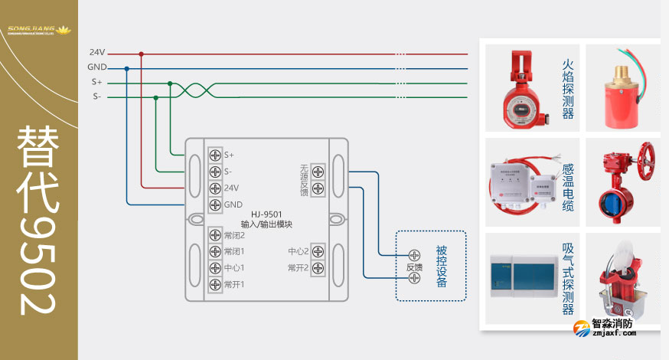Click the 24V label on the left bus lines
(x=96, y=53)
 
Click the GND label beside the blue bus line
(x=96, y=67)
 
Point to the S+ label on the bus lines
(x=96, y=82)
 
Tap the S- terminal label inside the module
(x=229, y=172)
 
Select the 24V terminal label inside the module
(x=231, y=188)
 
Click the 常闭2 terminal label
(x=234, y=235)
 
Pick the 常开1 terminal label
(x=234, y=284)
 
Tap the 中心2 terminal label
(x=299, y=251)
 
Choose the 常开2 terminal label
(x=299, y=268)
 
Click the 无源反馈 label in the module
(x=303, y=180)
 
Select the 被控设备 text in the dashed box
(x=441, y=266)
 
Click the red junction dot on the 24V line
(x=141, y=54)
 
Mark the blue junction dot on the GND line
(x=126, y=68)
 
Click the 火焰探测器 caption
(x=567, y=90)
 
